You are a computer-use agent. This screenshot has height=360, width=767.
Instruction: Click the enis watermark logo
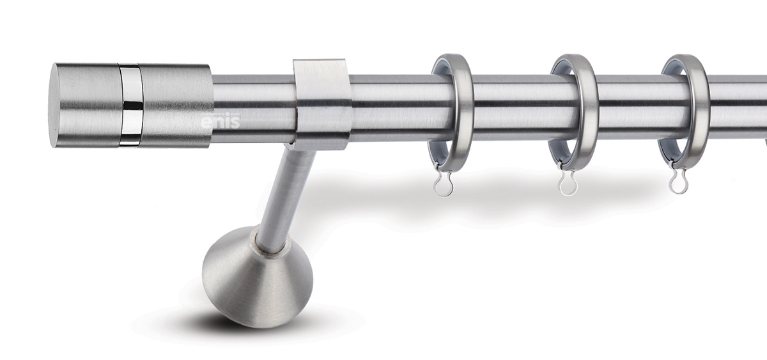pos(220,121)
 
